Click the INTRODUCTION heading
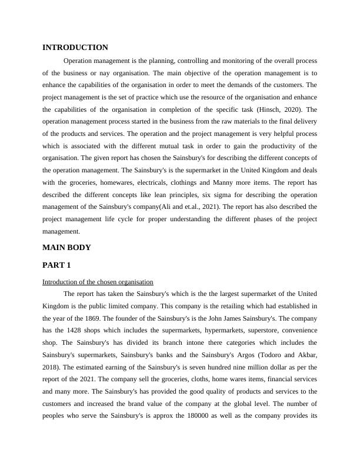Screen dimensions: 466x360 point(75,48)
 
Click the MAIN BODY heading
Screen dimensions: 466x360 point(66,248)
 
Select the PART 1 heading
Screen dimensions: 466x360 point(57,265)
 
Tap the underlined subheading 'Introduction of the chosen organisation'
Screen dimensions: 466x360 point(98,282)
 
